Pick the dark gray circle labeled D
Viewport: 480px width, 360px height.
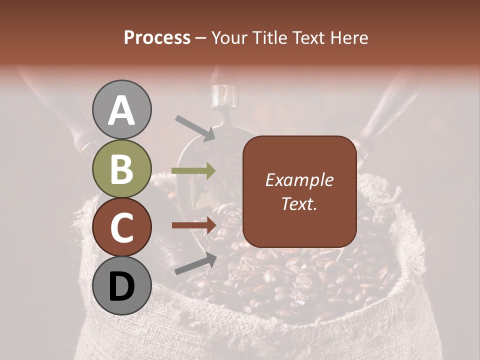tap(122, 286)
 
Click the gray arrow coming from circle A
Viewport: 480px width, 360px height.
tap(195, 127)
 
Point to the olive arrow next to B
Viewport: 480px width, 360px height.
tap(193, 171)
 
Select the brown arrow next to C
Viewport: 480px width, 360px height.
tap(194, 225)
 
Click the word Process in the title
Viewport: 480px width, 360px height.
tap(157, 37)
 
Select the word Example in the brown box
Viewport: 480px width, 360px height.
tap(299, 180)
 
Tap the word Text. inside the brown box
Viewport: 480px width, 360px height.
tap(299, 203)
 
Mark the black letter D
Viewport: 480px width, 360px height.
tap(122, 286)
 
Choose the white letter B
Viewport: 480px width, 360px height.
tap(122, 169)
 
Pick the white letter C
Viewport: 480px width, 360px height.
tap(122, 227)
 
